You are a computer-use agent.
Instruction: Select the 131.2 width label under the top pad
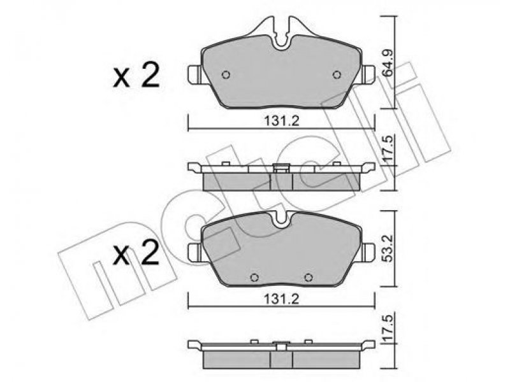281,121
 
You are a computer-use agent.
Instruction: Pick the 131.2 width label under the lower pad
281,299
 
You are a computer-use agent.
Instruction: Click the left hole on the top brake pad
226,74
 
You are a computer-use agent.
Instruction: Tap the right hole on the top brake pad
337,74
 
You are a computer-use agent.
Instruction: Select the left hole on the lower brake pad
254,277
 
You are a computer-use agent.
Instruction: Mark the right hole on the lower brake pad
308,277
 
